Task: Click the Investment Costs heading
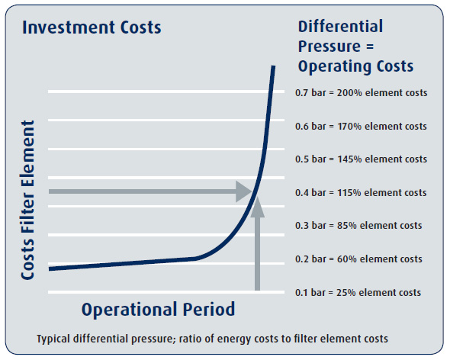tap(92, 28)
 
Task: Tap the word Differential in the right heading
tap(340, 27)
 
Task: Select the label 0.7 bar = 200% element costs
tap(361, 93)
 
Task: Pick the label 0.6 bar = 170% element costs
tap(361, 127)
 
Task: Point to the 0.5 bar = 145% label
tap(361, 159)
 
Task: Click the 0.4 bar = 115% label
tap(361, 192)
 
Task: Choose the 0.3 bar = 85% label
tap(358, 226)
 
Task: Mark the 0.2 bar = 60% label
tap(358, 259)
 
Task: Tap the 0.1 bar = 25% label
tap(358, 292)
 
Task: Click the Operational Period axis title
tap(158, 310)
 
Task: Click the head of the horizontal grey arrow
tap(246, 191)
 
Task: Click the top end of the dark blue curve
tap(273, 69)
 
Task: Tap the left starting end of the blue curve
tap(50, 268)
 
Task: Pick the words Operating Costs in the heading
tap(355, 66)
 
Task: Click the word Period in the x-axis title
tap(203, 310)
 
